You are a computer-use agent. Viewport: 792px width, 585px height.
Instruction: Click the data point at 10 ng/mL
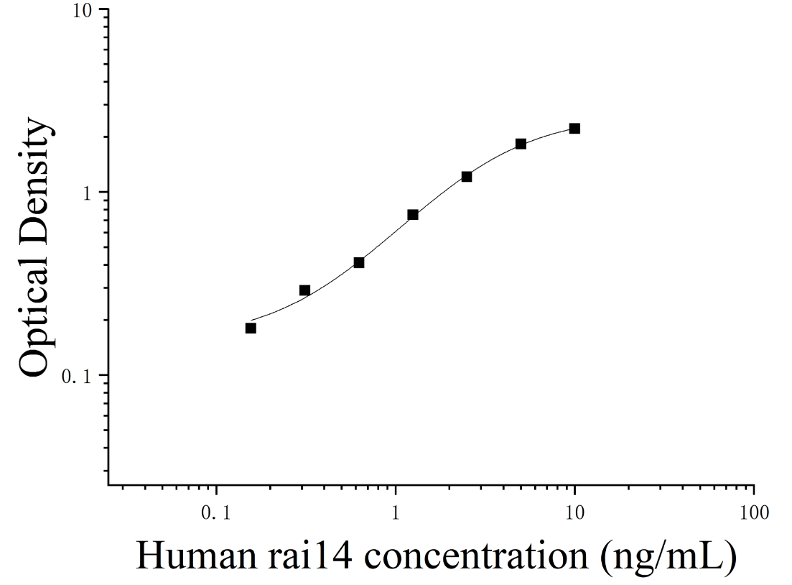pyautogui.click(x=574, y=129)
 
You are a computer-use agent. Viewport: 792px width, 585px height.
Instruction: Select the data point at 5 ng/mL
pyautogui.click(x=521, y=144)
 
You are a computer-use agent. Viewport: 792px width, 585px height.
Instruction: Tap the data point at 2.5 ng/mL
pyautogui.click(x=467, y=177)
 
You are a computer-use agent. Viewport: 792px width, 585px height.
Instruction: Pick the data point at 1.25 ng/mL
pyautogui.click(x=413, y=215)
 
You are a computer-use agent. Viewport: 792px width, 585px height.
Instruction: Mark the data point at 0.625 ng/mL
pyautogui.click(x=359, y=262)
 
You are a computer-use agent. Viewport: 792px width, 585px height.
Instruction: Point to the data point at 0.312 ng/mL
pyautogui.click(x=304, y=290)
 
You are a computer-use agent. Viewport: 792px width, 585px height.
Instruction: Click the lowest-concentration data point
pyautogui.click(x=251, y=328)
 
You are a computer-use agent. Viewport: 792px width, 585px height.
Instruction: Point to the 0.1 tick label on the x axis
pyautogui.click(x=216, y=513)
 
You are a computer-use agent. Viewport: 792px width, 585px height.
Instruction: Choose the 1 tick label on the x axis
pyautogui.click(x=396, y=513)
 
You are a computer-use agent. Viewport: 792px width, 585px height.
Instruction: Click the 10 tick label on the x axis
pyautogui.click(x=574, y=513)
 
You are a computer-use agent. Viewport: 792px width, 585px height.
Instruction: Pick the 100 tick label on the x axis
pyautogui.click(x=753, y=513)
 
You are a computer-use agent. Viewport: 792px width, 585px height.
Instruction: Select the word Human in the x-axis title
pyautogui.click(x=197, y=556)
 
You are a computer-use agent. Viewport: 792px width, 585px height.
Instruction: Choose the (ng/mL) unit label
pyautogui.click(x=668, y=558)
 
